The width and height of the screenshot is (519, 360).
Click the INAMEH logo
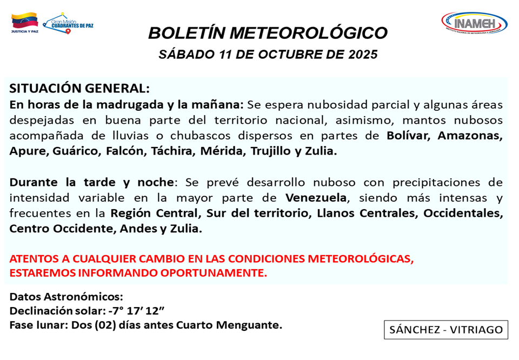coord(474,23)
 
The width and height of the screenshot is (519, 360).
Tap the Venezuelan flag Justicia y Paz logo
coord(24,23)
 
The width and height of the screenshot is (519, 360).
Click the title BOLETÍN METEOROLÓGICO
coord(268,33)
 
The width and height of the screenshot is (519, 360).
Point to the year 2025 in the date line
coord(363,55)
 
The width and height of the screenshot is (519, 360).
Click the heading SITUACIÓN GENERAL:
coord(79,89)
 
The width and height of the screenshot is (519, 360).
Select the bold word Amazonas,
coord(470,136)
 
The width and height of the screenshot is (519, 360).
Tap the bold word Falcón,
coord(125,151)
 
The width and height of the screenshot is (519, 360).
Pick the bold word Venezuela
coord(316,197)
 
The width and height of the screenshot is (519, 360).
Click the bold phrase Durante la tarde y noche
coord(92,182)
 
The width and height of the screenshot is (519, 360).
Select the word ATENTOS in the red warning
coord(34,258)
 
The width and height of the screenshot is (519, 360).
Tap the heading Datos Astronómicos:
coord(66,296)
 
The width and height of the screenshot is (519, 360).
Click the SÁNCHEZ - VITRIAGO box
coord(445,329)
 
